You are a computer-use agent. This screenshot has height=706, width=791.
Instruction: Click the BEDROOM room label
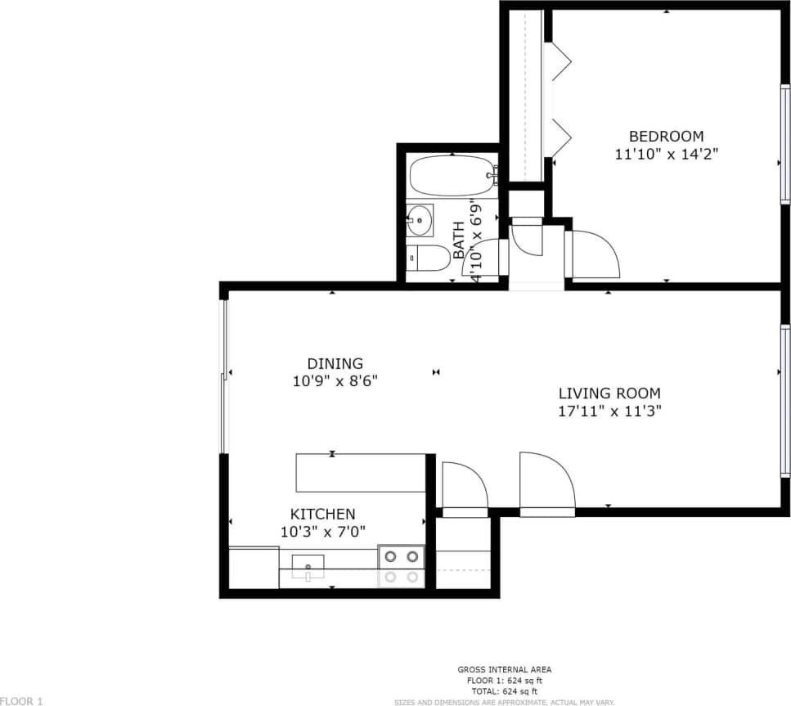pyautogui.click(x=665, y=136)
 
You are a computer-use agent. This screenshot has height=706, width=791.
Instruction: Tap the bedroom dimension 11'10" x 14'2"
pyautogui.click(x=666, y=153)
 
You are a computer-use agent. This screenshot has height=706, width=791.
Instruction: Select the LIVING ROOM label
pyautogui.click(x=609, y=393)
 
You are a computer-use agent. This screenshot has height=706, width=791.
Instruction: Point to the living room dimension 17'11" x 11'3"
pyautogui.click(x=609, y=411)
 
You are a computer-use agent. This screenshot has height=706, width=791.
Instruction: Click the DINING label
pyautogui.click(x=335, y=363)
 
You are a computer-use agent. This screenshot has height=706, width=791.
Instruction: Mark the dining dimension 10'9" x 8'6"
pyautogui.click(x=335, y=380)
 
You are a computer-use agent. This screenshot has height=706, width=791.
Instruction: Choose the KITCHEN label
pyautogui.click(x=323, y=514)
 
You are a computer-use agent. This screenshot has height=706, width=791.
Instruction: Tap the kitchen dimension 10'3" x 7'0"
pyautogui.click(x=322, y=531)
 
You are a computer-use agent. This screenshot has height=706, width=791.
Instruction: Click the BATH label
pyautogui.click(x=458, y=236)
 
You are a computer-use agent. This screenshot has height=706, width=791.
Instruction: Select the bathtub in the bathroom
pyautogui.click(x=452, y=174)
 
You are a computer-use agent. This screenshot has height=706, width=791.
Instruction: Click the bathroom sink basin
pyautogui.click(x=420, y=219)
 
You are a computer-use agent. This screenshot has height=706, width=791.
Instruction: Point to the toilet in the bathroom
pyautogui.click(x=428, y=259)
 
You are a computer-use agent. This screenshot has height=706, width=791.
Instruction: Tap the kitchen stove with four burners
pyautogui.click(x=402, y=566)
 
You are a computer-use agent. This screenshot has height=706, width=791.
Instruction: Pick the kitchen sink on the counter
pyautogui.click(x=308, y=565)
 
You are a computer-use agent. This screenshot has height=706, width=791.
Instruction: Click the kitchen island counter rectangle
pyautogui.click(x=361, y=473)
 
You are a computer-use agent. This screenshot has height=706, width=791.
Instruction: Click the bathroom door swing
pyautogui.click(x=484, y=260)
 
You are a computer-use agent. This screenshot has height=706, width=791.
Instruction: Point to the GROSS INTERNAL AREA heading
pyautogui.click(x=505, y=670)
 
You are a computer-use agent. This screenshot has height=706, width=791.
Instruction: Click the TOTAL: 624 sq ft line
pyautogui.click(x=505, y=691)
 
